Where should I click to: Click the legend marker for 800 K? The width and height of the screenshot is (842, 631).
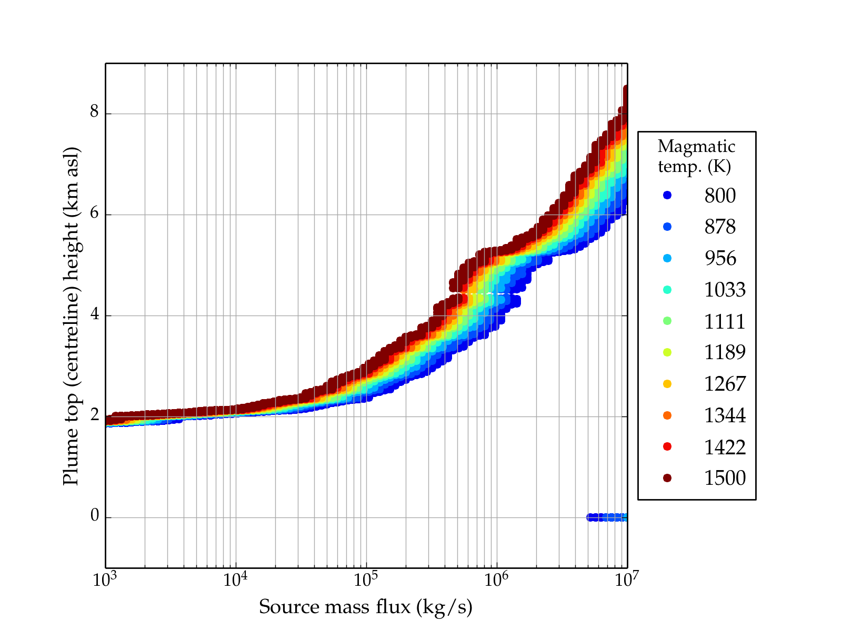[x=667, y=195]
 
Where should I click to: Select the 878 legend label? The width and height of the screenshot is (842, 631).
[x=720, y=227]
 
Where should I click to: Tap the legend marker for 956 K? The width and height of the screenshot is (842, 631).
[x=667, y=258]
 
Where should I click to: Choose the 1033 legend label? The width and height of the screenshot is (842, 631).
[x=725, y=290]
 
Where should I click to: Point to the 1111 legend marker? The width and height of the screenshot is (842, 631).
[x=667, y=321]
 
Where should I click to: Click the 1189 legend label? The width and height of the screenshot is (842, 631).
[x=725, y=352]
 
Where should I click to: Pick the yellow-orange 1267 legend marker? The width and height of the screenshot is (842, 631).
[x=667, y=384]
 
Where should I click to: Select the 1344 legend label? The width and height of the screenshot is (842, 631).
[x=725, y=415]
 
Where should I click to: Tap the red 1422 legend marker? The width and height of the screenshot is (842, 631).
[x=667, y=446]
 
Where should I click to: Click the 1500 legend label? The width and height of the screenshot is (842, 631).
[x=725, y=478]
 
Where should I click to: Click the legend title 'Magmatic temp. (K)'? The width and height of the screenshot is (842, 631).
[x=696, y=156]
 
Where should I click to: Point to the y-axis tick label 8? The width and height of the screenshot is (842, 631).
[x=95, y=112]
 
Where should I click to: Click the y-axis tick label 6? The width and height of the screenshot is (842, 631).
[x=95, y=213]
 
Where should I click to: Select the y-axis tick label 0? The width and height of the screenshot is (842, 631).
[x=95, y=516]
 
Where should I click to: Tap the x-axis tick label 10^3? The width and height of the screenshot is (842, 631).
[x=105, y=580]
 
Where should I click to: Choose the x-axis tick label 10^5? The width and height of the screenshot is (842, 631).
[x=366, y=580]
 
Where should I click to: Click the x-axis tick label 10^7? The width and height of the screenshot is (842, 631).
[x=627, y=580]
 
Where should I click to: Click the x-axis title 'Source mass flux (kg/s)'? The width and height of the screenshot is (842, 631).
[x=366, y=607]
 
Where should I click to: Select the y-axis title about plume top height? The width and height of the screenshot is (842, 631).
[x=71, y=315]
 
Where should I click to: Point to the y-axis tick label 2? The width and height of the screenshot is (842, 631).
[x=95, y=415]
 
